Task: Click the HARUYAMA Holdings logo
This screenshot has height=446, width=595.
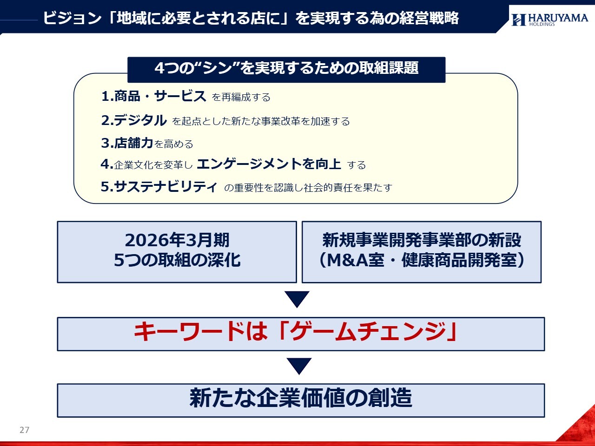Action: [x=550, y=20]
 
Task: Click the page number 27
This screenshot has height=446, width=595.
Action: [x=24, y=430]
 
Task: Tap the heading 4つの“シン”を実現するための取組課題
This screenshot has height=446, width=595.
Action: [x=286, y=68]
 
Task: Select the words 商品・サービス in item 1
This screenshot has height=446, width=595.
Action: [x=160, y=96]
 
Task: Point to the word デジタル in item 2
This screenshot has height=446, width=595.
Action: [x=140, y=120]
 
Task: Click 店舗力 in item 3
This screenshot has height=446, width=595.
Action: [x=134, y=143]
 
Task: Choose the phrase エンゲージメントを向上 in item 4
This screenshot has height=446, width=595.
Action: [x=269, y=164]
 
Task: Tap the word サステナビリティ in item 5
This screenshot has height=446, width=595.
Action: [x=165, y=187]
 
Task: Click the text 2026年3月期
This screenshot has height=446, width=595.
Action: [x=177, y=240]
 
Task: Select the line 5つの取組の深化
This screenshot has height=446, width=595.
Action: [x=177, y=260]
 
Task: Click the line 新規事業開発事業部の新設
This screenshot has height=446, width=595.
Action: [x=422, y=240]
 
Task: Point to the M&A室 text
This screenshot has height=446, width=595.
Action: [x=356, y=260]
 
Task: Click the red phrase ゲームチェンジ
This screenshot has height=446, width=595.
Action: [x=368, y=332]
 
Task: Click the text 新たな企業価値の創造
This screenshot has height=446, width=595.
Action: [x=301, y=398]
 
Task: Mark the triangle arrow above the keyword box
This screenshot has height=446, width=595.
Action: [x=297, y=299]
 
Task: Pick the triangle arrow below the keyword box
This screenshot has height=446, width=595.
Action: [x=299, y=366]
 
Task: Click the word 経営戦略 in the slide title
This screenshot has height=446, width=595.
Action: [x=429, y=18]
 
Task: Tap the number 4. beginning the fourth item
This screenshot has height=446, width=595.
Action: [x=107, y=164]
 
